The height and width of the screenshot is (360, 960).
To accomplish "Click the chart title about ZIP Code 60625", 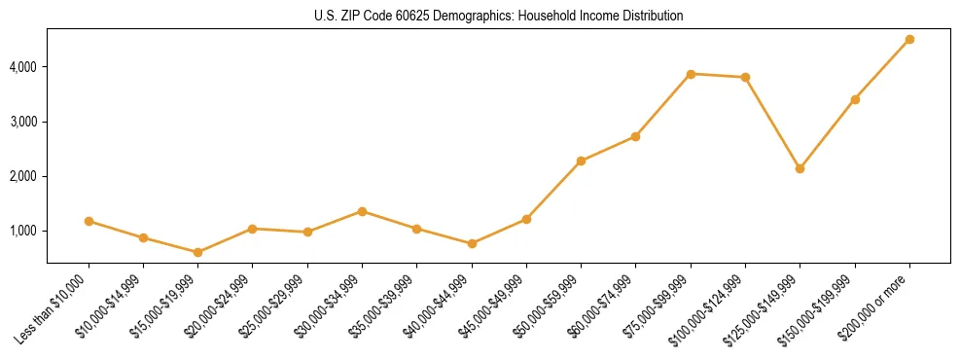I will (x=498, y=16).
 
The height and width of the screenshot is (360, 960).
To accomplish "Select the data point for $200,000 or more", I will (x=909, y=40).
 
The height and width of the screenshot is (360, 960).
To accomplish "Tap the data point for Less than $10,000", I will (x=89, y=221).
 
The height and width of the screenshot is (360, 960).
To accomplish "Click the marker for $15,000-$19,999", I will (x=197, y=252).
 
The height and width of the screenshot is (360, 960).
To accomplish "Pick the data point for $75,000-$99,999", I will (x=691, y=74).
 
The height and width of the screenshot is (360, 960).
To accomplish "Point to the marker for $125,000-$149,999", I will (x=800, y=168).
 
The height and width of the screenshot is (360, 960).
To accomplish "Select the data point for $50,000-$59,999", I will (x=581, y=161).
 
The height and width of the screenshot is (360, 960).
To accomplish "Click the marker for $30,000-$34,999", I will (x=362, y=211).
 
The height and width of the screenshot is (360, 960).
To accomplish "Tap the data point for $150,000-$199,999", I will (x=855, y=99).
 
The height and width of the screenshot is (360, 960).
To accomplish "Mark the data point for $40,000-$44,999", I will (x=472, y=243).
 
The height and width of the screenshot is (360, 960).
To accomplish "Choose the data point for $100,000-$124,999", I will (x=745, y=77).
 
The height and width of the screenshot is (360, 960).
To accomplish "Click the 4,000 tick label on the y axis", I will (x=22, y=67).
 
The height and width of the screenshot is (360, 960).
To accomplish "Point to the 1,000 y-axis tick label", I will (x=22, y=231).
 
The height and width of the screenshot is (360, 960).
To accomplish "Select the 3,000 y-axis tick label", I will (x=22, y=122).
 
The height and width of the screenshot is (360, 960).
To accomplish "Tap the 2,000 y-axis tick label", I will (x=22, y=176).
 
